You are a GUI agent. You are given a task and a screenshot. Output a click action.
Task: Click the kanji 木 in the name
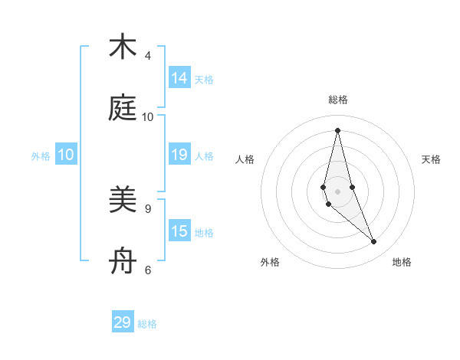pos(123,47)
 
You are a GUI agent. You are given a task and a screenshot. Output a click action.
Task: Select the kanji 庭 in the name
pos(123,108)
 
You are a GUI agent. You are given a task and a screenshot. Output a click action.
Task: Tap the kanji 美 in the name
pos(123,200)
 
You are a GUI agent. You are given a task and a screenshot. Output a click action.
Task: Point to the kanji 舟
pos(123,261)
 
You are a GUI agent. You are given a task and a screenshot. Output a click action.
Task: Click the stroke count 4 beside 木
pos(148,56)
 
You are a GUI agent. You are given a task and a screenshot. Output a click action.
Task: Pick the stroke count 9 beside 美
pos(148,208)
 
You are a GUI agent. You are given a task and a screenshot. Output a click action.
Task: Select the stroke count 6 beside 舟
pos(148,270)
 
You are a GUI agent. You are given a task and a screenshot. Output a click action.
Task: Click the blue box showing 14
pos(179,78)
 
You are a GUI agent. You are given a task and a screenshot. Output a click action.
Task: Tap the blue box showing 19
pos(179,155)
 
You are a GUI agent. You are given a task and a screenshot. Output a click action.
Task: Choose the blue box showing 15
pos(179,231)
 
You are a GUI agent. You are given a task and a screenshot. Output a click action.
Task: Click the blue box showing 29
pos(123,322)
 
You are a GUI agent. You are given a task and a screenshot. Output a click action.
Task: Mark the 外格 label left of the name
pos(41,156)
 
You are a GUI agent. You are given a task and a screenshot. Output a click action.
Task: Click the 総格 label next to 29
pos(147,324)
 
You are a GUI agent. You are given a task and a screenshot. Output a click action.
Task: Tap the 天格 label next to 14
pos(204,80)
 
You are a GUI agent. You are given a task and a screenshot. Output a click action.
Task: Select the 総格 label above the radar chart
pos(338,100)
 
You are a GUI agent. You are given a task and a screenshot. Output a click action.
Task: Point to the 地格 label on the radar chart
pos(402,262)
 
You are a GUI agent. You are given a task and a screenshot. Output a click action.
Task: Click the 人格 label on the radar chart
pos(245,159)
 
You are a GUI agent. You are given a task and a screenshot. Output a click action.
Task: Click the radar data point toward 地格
pos(374,242)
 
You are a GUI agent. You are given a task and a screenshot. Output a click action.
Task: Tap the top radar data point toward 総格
pos(337,130)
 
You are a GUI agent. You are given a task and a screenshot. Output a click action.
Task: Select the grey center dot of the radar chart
pos(337,191)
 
